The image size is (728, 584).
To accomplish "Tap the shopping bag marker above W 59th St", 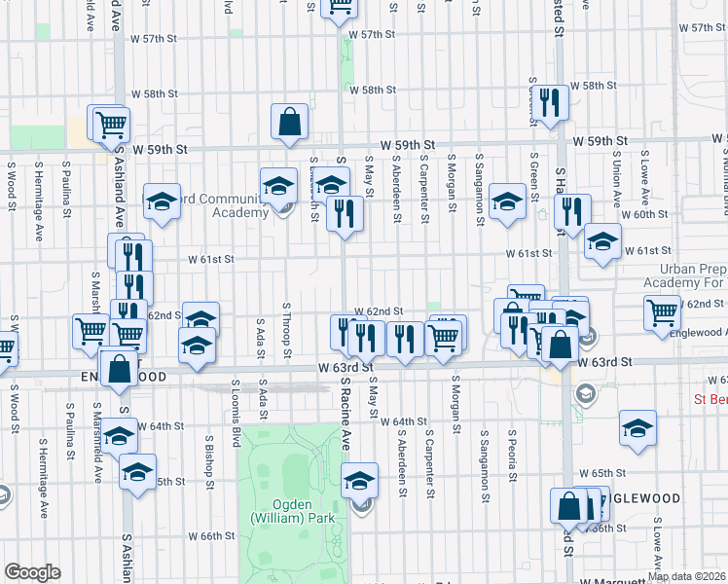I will coord(290,124).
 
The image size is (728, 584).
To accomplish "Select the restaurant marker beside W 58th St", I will coord(552,102).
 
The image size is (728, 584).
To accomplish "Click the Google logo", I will coord(32,572).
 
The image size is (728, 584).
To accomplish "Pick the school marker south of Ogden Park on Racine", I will coord(359,481).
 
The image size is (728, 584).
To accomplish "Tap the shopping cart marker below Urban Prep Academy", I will coord(662,312).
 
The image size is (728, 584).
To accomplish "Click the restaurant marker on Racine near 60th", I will coord(345,213).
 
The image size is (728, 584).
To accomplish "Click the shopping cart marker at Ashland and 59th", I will coord(112,124).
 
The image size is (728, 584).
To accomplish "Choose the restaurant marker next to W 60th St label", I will coord(572,211).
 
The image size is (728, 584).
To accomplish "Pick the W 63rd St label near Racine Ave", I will coord(346,368).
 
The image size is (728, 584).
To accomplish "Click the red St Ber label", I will coord(710,399).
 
